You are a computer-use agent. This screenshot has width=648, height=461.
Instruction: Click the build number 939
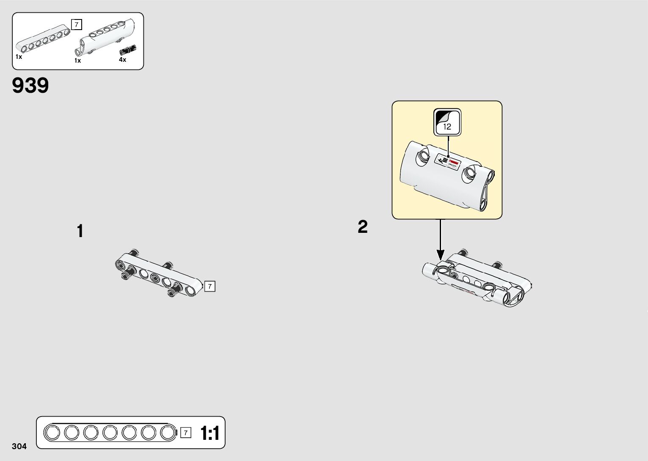30,86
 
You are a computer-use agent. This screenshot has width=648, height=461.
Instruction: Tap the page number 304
19,446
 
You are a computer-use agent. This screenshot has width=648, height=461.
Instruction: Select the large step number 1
80,232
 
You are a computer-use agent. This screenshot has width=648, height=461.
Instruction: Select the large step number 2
363,227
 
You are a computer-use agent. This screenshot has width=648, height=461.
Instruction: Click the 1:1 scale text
210,433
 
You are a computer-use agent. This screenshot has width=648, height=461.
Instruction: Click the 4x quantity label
122,60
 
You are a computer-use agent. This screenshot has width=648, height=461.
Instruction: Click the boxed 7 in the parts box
76,25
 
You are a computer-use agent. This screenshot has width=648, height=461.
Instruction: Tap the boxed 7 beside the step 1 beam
210,287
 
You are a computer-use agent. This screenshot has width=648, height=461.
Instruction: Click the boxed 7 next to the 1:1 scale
185,433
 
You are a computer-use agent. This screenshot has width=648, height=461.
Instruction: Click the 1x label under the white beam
19,57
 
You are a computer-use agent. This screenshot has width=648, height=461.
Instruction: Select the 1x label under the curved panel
78,61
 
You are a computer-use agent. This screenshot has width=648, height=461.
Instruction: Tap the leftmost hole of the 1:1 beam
52,433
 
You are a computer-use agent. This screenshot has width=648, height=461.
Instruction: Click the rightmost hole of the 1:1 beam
168,433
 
